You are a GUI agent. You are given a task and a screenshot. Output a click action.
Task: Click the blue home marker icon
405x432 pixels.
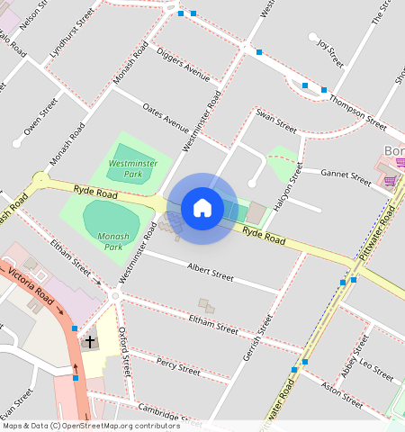tap(202, 208)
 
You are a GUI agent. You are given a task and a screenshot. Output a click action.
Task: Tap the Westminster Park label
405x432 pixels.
tap(127, 168)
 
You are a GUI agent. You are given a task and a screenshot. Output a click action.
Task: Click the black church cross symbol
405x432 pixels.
tap(90, 342)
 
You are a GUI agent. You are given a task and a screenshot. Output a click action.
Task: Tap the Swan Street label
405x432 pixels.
tap(275, 117)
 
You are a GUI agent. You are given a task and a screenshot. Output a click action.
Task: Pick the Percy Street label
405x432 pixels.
tap(177, 366)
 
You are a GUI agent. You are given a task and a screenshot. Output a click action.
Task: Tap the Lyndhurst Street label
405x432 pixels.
tap(71, 37)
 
